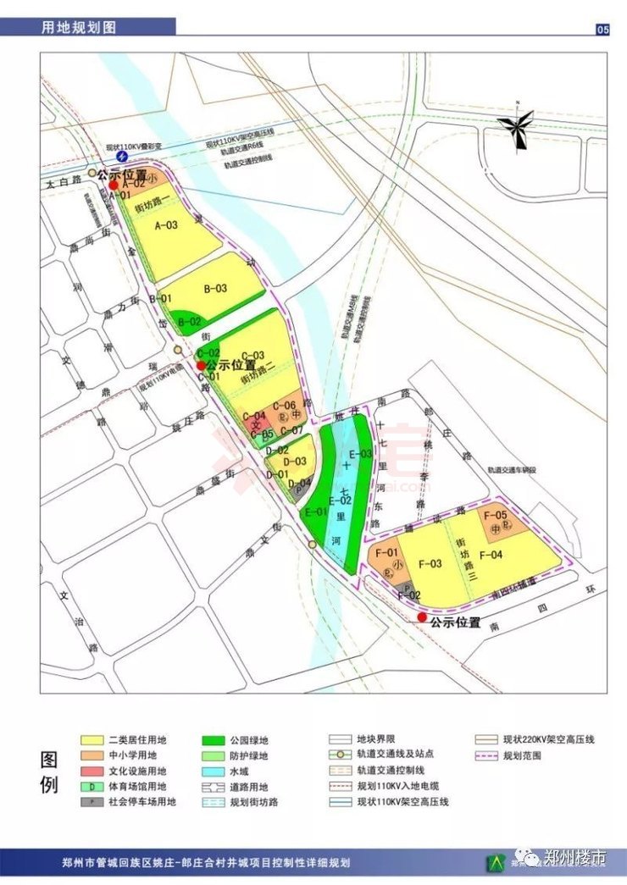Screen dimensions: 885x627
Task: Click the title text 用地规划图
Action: coord(79,28)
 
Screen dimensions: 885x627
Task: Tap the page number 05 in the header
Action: coord(602,30)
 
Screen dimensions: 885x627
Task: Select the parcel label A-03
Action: coord(166,225)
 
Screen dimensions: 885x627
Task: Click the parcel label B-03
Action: coord(215,289)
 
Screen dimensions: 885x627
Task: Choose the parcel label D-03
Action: coord(295,462)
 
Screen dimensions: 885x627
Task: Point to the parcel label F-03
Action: coord(430,564)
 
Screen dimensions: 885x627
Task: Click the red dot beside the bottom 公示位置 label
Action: coord(422,617)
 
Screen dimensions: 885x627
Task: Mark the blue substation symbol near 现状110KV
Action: coord(123,157)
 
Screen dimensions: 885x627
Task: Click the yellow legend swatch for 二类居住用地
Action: coord(92,739)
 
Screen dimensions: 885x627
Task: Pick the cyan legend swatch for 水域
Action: coord(214,771)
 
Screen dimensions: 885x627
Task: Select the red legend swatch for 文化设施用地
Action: coord(92,771)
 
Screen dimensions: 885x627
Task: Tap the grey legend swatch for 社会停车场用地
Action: coord(92,802)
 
